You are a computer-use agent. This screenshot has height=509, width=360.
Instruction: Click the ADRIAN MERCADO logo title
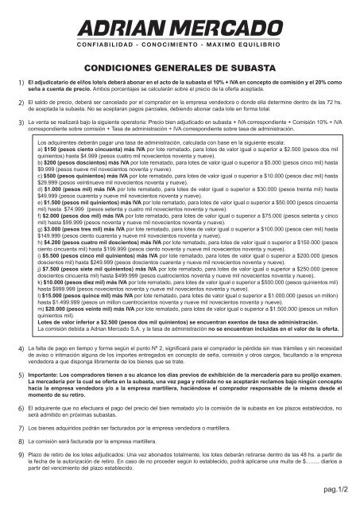tap(180, 29)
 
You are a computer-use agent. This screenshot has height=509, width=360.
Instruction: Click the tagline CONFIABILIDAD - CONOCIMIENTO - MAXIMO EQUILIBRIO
tap(180, 49)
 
